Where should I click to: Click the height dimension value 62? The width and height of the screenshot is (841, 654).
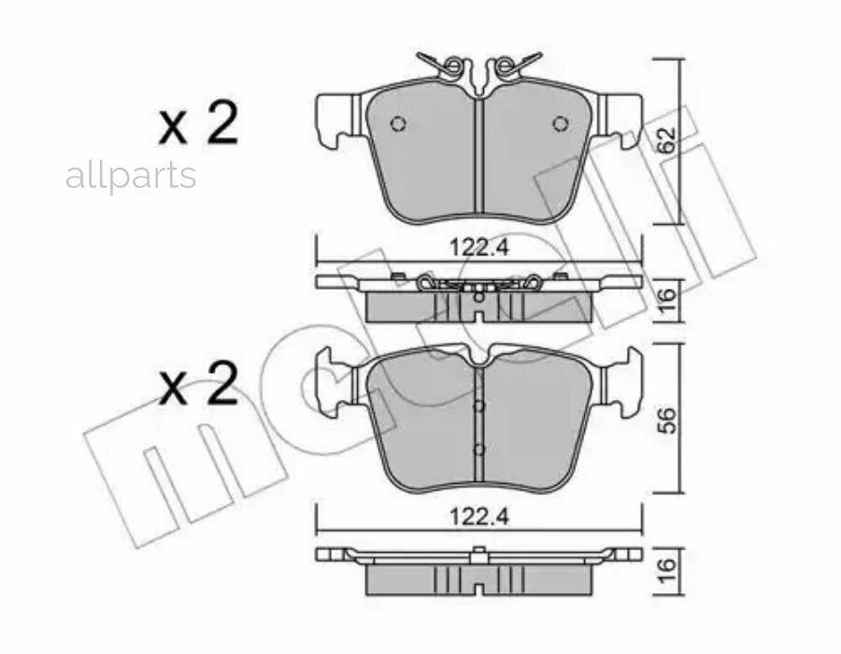666,141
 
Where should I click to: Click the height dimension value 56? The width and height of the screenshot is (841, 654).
666,420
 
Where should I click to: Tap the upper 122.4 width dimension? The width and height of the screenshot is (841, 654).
479,249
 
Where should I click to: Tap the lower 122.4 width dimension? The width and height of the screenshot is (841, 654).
479,518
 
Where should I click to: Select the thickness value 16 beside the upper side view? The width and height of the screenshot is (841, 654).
665,301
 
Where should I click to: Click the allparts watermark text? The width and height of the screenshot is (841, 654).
130,176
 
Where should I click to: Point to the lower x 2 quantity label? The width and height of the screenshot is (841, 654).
198,383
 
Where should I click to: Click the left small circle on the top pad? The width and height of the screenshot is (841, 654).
398,124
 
